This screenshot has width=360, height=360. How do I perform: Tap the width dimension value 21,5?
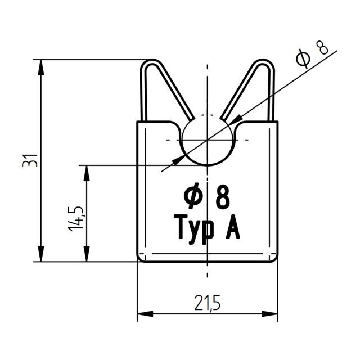click(208, 304)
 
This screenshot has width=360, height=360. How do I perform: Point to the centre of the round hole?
click(208, 139)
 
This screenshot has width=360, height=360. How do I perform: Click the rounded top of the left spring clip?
click(150, 63)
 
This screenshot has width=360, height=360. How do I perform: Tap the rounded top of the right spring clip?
click(265, 63)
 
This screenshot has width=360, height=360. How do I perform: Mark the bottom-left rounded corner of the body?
click(141, 259)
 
